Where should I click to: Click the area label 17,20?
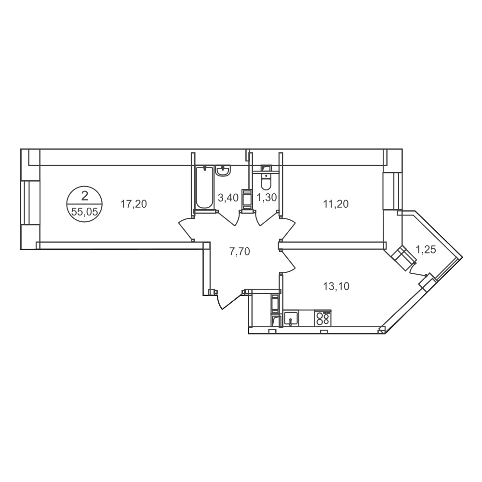(134, 204)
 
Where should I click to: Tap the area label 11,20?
(335, 204)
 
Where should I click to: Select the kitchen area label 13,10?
(336, 286)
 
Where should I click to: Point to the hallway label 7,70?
(240, 252)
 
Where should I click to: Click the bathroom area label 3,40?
(228, 198)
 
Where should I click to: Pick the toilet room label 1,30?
(267, 198)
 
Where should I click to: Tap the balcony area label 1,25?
(426, 250)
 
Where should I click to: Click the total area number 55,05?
(84, 212)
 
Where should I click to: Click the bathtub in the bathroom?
(204, 187)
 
